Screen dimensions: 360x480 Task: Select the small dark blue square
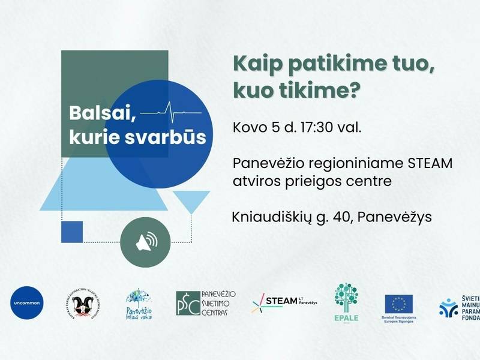[72, 232]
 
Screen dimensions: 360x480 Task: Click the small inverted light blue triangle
[191, 202]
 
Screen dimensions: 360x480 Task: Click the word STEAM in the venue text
[431, 163]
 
